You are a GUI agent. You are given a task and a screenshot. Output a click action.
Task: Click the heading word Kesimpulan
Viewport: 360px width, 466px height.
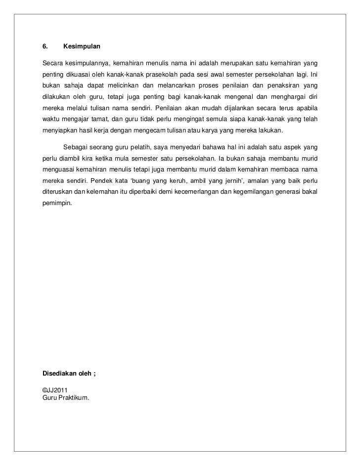pyautogui.click(x=82, y=47)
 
